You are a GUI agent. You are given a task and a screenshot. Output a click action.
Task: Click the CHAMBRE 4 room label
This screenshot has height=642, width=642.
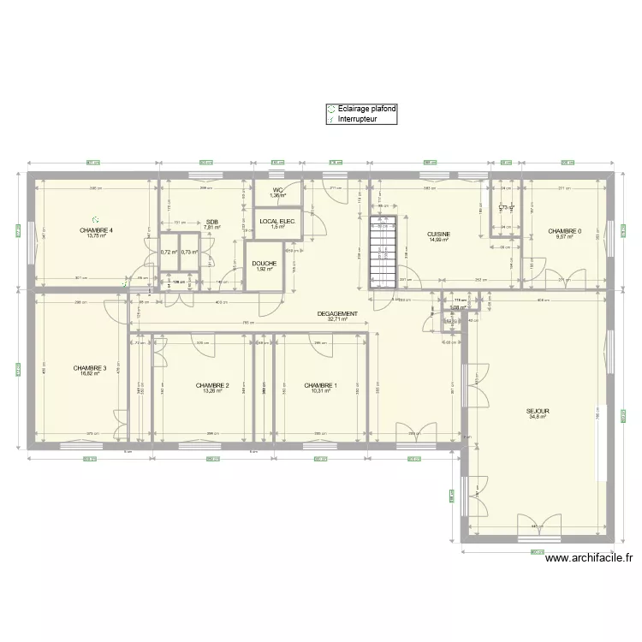[97, 230]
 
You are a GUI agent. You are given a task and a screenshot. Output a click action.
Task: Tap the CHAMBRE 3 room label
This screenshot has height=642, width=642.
[90, 368]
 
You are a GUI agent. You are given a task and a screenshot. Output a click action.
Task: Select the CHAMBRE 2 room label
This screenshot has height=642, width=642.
[211, 385]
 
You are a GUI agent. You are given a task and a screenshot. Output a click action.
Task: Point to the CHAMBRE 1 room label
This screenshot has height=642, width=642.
[320, 385]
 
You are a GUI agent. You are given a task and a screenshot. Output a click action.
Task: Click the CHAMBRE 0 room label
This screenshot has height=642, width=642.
[565, 230]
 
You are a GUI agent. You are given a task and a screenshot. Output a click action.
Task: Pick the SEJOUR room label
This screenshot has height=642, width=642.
[538, 411]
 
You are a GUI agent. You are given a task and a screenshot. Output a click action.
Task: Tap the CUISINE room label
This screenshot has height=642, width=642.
[439, 234]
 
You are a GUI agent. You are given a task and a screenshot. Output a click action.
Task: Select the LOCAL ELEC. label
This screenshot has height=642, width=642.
[276, 222]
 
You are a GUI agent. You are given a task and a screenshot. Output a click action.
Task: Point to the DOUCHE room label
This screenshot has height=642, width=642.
[264, 264]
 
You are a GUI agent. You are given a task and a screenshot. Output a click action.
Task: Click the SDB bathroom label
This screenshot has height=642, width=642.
[211, 222]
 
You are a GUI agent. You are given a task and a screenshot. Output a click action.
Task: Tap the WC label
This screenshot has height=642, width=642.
[278, 190]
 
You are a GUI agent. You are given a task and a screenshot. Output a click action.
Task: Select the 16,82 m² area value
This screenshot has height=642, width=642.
[90, 374]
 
